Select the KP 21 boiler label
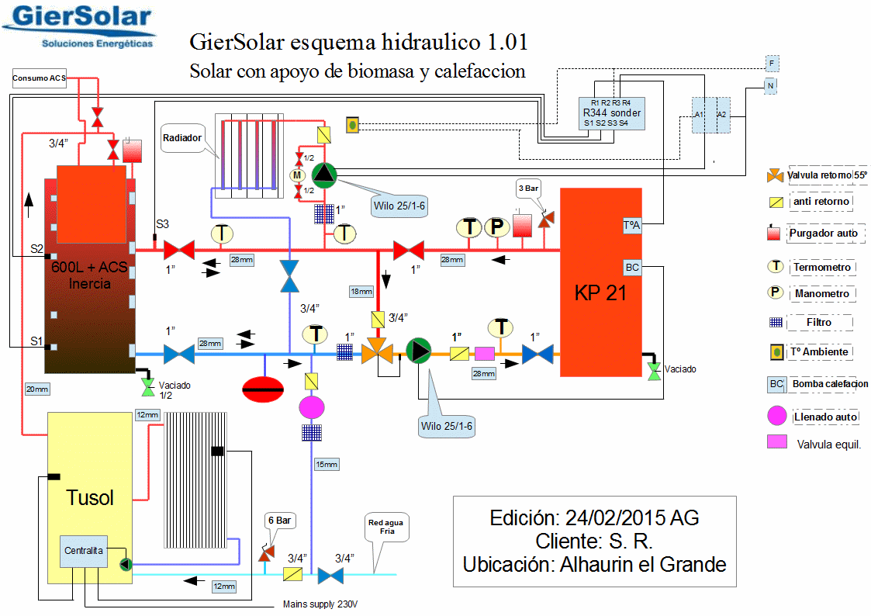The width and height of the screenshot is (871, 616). click(x=600, y=293)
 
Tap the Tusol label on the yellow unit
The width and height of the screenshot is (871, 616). click(x=90, y=497)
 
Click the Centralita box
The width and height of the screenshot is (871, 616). click(x=83, y=550)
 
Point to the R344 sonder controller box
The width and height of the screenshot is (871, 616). click(x=611, y=112)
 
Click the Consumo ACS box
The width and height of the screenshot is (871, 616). click(x=40, y=78)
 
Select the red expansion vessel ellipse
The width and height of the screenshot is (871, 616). click(x=264, y=387)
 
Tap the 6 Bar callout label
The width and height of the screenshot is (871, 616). click(x=278, y=520)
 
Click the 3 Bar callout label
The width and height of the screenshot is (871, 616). click(x=529, y=188)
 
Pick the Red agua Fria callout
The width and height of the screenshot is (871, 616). click(x=385, y=528)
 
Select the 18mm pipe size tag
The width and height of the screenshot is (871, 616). click(x=361, y=292)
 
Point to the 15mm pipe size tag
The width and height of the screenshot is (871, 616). click(x=327, y=465)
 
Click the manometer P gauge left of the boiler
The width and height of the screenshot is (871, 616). click(x=496, y=228)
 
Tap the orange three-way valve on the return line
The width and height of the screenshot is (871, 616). click(x=378, y=351)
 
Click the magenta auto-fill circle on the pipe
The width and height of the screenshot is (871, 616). click(x=312, y=407)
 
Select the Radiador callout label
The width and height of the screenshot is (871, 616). click(x=182, y=138)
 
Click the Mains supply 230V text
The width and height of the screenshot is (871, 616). click(x=321, y=604)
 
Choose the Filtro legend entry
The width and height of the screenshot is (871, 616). click(x=818, y=322)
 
